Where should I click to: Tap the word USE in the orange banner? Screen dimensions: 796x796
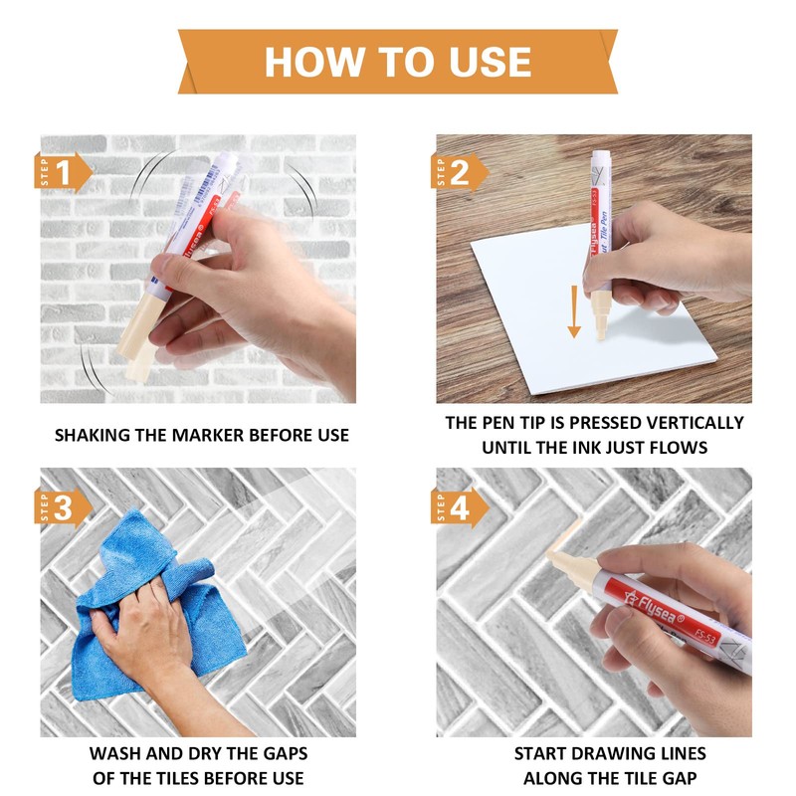[x=490, y=62]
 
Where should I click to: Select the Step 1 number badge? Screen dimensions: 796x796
[x=63, y=172]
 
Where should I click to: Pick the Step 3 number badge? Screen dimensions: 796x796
[x=63, y=507]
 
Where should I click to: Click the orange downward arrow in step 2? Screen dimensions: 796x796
[x=574, y=311]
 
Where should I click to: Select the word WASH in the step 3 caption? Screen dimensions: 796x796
[x=115, y=753]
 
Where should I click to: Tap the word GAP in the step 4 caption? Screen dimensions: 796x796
[x=679, y=778]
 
